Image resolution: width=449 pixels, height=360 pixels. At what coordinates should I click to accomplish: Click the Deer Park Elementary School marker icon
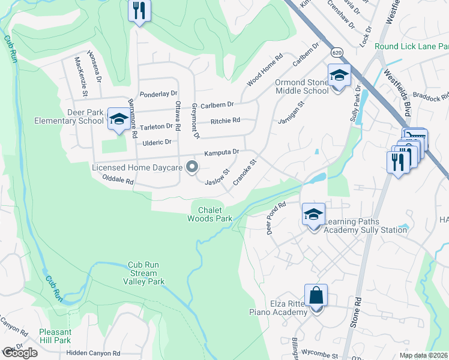[118, 119]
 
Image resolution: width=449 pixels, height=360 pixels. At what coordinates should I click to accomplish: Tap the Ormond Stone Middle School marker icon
[339, 76]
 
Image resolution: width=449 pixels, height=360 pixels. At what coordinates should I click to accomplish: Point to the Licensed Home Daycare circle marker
[192, 167]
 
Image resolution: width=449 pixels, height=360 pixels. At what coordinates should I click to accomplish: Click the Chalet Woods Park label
[215, 214]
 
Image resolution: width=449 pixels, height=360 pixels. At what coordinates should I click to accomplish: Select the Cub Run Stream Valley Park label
[144, 273]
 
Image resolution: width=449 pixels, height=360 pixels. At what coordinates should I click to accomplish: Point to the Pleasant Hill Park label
[55, 336]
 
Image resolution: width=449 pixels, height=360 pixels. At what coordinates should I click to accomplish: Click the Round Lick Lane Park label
[411, 46]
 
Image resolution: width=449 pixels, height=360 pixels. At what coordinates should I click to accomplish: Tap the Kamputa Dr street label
[221, 153]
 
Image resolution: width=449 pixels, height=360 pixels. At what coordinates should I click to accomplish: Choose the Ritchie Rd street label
[225, 121]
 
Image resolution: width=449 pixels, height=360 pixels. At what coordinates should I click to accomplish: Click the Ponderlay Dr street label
[158, 94]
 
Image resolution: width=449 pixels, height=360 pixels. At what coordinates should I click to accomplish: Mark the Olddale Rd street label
[118, 180]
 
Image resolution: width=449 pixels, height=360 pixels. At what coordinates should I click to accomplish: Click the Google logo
[20, 353]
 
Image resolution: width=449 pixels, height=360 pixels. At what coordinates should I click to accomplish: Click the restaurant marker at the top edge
[139, 11]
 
